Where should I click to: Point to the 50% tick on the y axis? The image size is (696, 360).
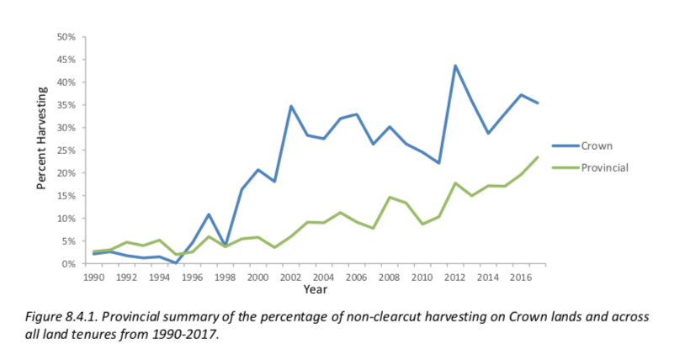(x=66, y=37)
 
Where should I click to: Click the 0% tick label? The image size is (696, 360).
(x=69, y=264)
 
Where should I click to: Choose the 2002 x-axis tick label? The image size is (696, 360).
(x=291, y=275)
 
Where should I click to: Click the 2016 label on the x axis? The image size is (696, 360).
(x=522, y=275)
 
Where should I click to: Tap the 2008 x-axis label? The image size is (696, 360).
(x=390, y=275)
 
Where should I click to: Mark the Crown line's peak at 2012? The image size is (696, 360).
(x=455, y=66)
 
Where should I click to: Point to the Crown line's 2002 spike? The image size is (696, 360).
(x=291, y=106)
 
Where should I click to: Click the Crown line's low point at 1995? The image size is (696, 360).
(x=175, y=262)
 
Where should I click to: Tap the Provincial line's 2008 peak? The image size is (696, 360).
(x=390, y=198)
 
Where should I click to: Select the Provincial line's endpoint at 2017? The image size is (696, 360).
(x=538, y=157)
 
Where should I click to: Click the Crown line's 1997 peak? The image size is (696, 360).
(x=208, y=214)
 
